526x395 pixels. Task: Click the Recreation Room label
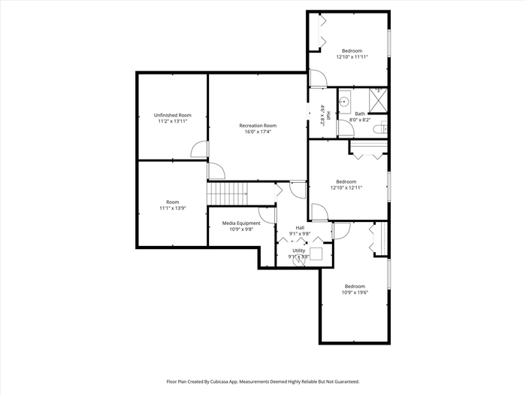pyautogui.click(x=258, y=126)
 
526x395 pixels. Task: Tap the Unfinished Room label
pyautogui.click(x=172, y=115)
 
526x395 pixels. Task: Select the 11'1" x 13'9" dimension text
pyautogui.click(x=172, y=208)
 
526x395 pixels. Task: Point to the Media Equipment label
pyautogui.click(x=241, y=223)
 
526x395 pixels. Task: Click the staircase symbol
pyautogui.click(x=228, y=193)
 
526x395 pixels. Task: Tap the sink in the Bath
pyautogui.click(x=344, y=101)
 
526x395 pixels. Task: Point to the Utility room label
pyautogui.click(x=298, y=251)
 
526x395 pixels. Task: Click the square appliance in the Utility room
pyautogui.click(x=316, y=254)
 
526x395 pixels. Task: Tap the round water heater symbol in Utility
pyautogui.click(x=300, y=261)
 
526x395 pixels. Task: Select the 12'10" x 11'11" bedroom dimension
pyautogui.click(x=352, y=56)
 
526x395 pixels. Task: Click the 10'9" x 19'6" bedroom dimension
pyautogui.click(x=355, y=292)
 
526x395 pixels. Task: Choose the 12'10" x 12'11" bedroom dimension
pyautogui.click(x=346, y=188)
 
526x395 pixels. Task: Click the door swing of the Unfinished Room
pyautogui.click(x=200, y=149)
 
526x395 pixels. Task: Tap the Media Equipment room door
pyautogui.click(x=267, y=215)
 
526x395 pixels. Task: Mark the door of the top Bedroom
pyautogui.click(x=319, y=78)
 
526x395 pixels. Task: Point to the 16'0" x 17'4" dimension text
pyautogui.click(x=258, y=132)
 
